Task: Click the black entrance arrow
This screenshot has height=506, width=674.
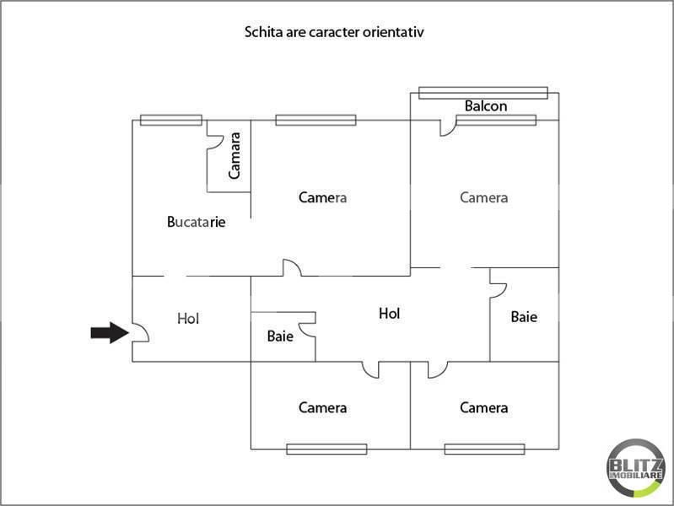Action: pyautogui.click(x=109, y=333)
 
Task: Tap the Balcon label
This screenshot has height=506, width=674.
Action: pyautogui.click(x=486, y=106)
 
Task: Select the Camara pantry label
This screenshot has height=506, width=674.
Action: pyautogui.click(x=235, y=155)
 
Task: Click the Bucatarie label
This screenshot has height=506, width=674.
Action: pyautogui.click(x=197, y=223)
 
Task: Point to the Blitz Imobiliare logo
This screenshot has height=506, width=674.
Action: pyautogui.click(x=635, y=466)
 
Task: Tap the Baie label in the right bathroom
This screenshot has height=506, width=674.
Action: pyautogui.click(x=524, y=317)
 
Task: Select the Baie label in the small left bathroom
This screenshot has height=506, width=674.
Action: pyautogui.click(x=280, y=336)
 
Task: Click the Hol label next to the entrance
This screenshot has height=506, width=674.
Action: pyautogui.click(x=188, y=319)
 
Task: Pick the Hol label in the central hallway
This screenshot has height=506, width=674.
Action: pyautogui.click(x=389, y=313)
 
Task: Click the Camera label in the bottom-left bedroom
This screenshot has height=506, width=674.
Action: pyautogui.click(x=322, y=408)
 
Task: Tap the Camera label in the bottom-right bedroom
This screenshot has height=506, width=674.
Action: pyautogui.click(x=483, y=408)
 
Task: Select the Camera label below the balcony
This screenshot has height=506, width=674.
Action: pyautogui.click(x=483, y=197)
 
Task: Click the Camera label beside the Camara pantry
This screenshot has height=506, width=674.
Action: pyautogui.click(x=322, y=197)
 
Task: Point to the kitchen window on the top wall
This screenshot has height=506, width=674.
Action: pyautogui.click(x=170, y=120)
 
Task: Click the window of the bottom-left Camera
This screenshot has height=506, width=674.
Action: pyautogui.click(x=326, y=449)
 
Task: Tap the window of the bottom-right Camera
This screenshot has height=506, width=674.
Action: pyautogui.click(x=484, y=449)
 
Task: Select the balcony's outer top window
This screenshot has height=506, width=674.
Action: pyautogui.click(x=483, y=93)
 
